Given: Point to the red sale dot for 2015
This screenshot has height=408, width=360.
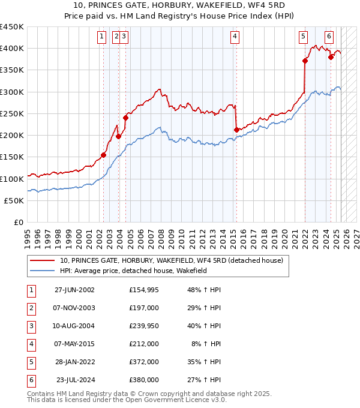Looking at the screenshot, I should [236, 130].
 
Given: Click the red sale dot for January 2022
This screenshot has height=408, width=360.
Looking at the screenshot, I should [305, 61].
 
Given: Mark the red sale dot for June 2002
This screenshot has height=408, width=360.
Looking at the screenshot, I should [103, 155].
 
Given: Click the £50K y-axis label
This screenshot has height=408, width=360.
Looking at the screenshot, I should [14, 200].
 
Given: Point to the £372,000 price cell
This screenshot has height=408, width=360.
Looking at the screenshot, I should [143, 362].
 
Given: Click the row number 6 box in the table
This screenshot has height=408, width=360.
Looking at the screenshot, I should [30, 380].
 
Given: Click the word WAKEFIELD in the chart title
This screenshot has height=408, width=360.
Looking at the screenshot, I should [196, 6].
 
